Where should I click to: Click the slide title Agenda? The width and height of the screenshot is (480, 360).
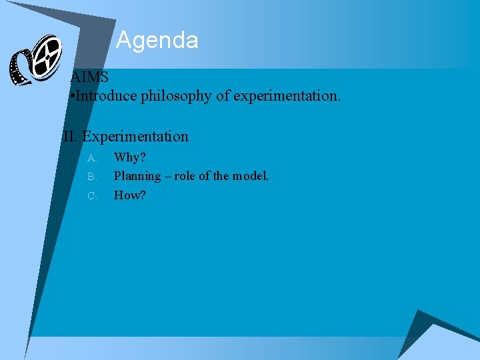pyautogui.click(x=157, y=41)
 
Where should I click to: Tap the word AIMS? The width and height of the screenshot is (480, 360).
pyautogui.click(x=89, y=77)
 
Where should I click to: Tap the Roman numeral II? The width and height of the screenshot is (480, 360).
pyautogui.click(x=70, y=137)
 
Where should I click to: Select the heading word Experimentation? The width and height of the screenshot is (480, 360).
pyautogui.click(x=135, y=137)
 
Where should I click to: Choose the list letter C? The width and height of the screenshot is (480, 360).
pyautogui.click(x=92, y=196)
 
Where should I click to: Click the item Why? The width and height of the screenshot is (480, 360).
pyautogui.click(x=129, y=158)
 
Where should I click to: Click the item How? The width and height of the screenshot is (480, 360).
pyautogui.click(x=129, y=195)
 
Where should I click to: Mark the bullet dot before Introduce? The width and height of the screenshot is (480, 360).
pyautogui.click(x=71, y=97)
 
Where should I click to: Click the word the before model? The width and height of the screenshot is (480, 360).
pyautogui.click(x=221, y=177)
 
